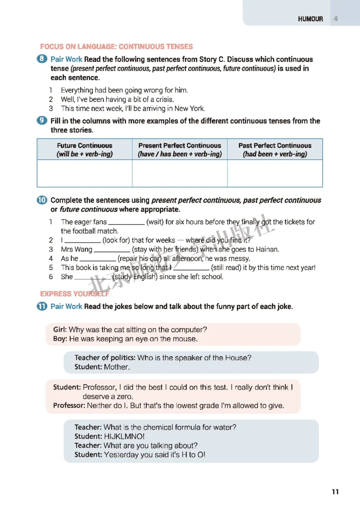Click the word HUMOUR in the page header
coord(310,19)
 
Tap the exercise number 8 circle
coord(42,59)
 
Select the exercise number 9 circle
coord(42,121)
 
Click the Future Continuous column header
coord(85,149)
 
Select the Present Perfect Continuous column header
coord(180,149)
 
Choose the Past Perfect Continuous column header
coord(275,149)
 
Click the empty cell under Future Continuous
coord(85,173)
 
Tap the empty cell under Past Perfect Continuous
coord(275,173)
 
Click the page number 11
coord(335,492)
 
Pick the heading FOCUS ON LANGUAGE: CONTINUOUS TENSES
coord(116,46)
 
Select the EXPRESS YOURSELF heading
coord(75,294)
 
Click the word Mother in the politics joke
coord(116,367)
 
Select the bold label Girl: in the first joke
coord(60,329)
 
